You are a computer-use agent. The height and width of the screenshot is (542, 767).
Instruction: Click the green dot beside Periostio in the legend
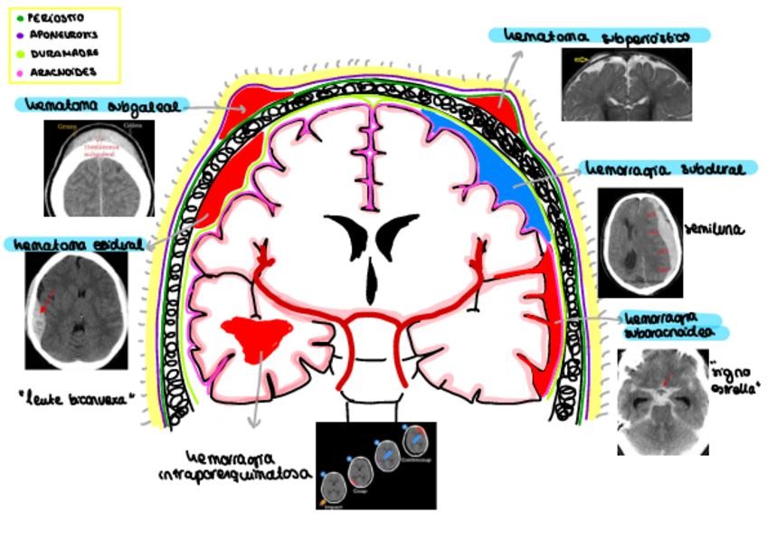click(20, 18)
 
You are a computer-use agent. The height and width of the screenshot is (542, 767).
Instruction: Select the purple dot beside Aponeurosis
click(20, 35)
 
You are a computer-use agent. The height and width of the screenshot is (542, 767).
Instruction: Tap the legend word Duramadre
click(62, 53)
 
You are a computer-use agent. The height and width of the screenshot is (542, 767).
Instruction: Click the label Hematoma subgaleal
click(100, 105)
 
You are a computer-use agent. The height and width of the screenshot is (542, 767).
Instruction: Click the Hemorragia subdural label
click(666, 170)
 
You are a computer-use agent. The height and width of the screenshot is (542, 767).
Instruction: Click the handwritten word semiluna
click(714, 230)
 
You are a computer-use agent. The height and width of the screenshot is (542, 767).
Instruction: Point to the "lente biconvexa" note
click(80, 395)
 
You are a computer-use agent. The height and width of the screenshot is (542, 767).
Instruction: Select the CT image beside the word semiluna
click(639, 242)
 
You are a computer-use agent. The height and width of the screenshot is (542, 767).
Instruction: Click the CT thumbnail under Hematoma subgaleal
click(99, 167)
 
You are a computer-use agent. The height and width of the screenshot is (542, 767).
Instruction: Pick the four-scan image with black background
click(376, 465)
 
